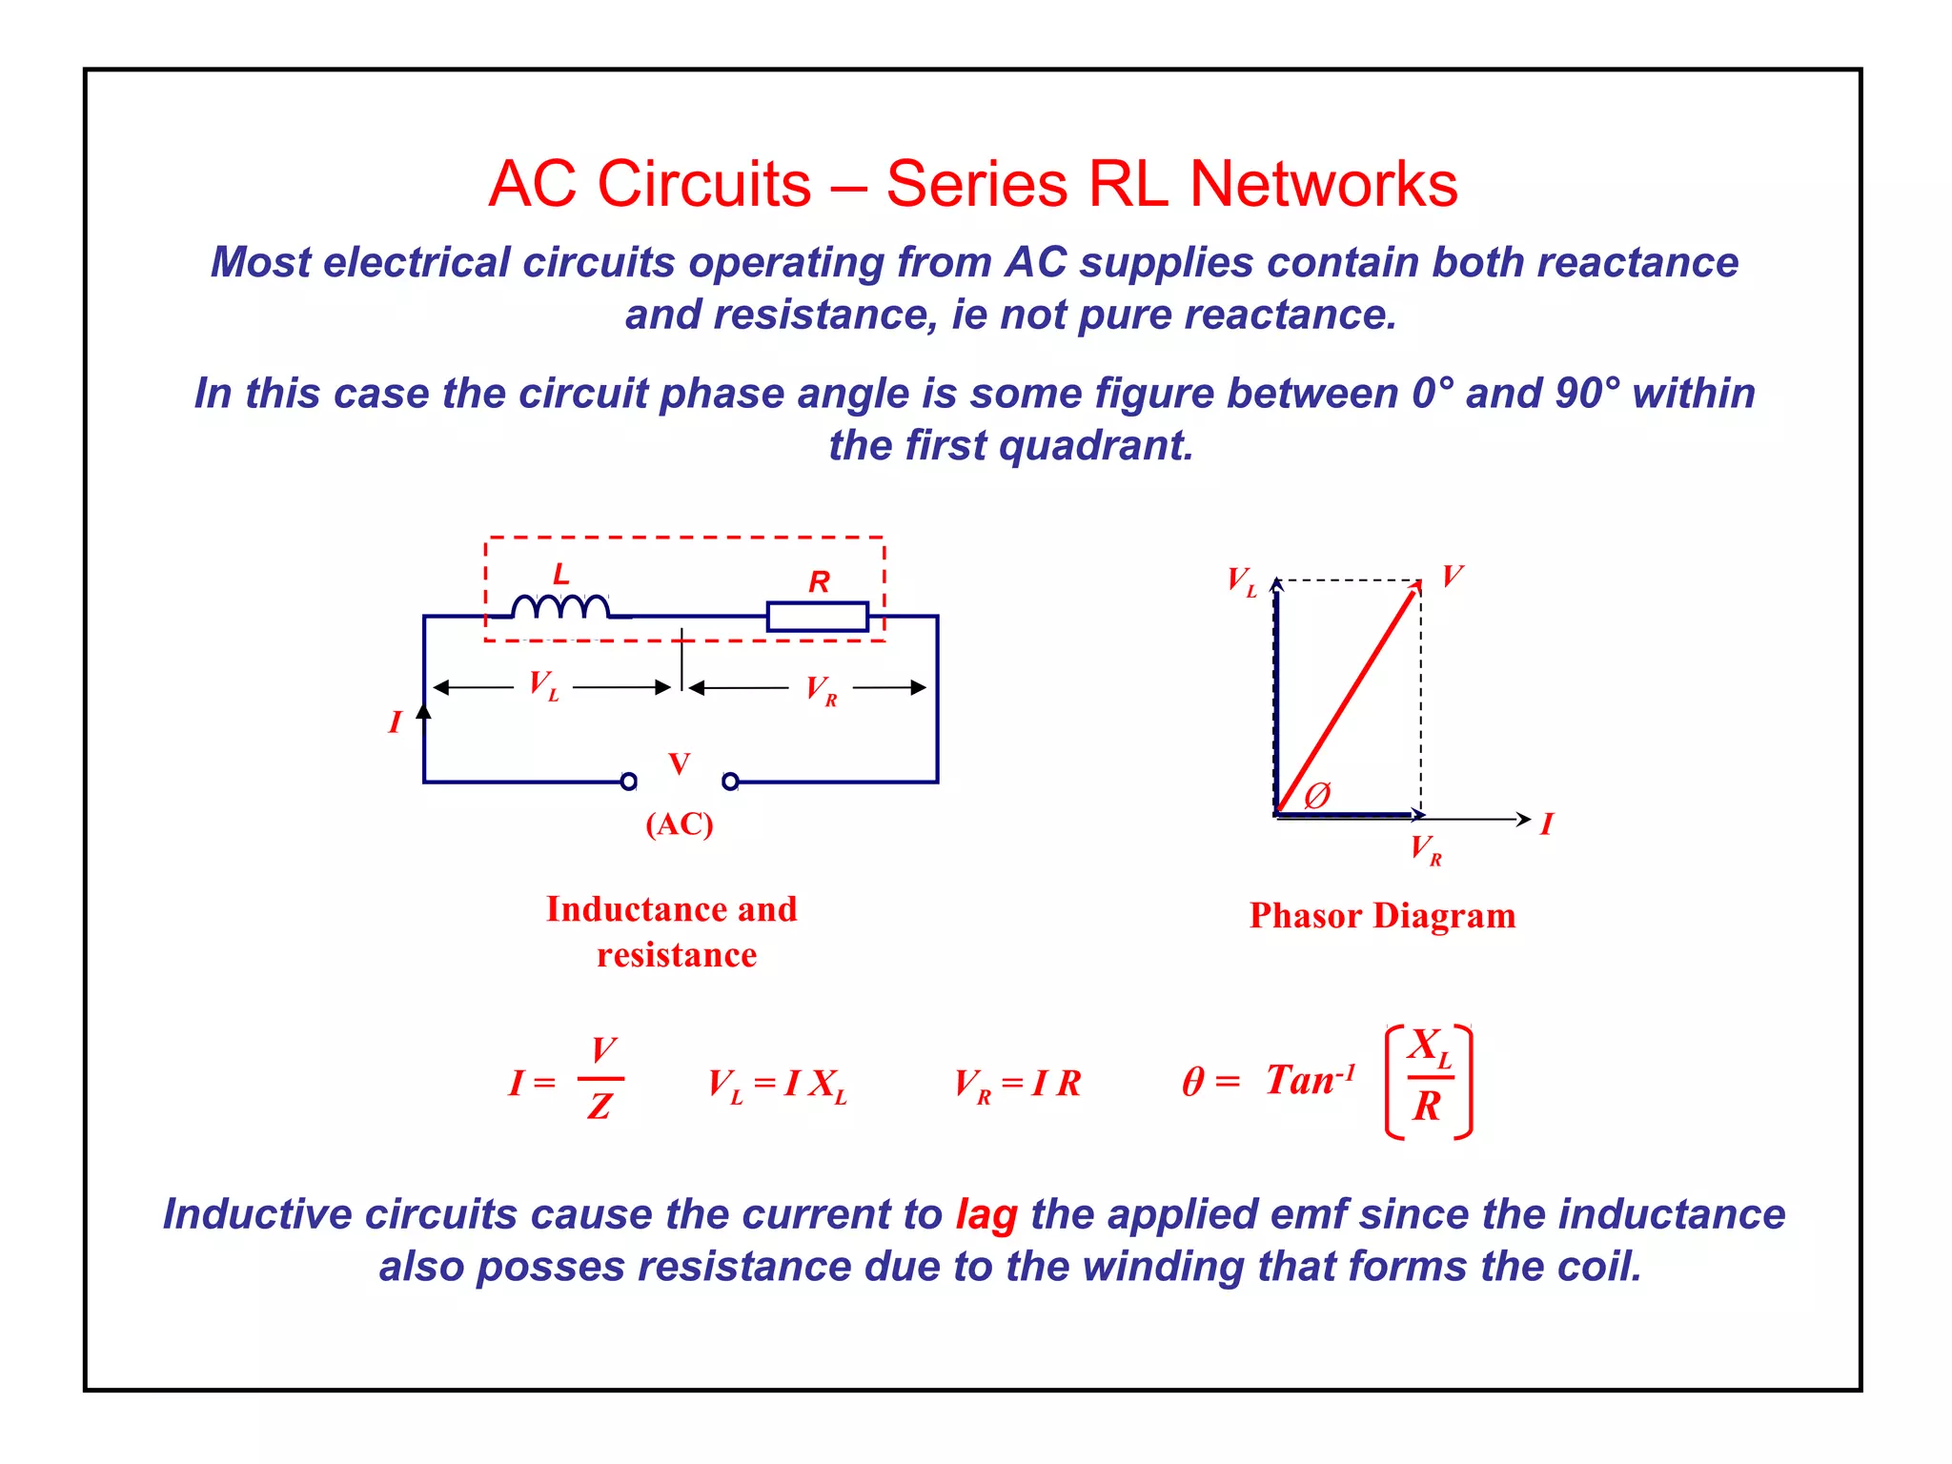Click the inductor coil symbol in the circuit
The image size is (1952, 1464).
560,607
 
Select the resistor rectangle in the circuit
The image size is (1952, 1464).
817,617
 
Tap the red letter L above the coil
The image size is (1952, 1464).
561,574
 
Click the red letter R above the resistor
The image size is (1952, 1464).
819,581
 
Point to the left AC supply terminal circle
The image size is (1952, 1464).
628,782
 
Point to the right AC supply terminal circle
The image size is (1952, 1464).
730,782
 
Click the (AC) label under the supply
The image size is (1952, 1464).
679,823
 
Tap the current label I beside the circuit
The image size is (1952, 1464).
395,722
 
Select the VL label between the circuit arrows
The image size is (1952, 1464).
543,685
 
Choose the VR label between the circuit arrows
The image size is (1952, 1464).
821,689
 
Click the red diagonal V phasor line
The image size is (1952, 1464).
1346,700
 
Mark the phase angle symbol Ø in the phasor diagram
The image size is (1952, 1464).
1317,794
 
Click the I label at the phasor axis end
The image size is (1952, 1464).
1546,823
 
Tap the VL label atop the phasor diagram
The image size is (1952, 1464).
1241,580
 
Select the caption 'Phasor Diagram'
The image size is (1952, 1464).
1382,916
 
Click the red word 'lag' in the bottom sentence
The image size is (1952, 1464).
986,1214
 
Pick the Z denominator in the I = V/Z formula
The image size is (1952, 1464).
600,1107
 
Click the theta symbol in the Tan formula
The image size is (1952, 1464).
1192,1082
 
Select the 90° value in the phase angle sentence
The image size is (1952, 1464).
1587,393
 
